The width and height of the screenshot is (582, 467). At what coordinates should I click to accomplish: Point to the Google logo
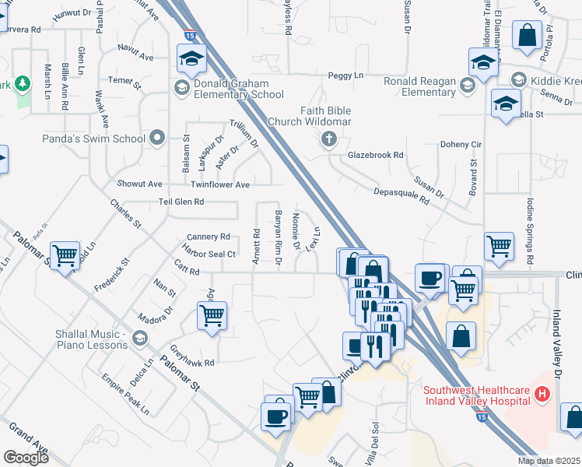[x=26, y=457]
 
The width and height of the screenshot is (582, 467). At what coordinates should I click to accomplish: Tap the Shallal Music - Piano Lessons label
[x=79, y=339]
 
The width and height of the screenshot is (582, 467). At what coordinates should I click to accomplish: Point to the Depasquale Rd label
[x=401, y=195]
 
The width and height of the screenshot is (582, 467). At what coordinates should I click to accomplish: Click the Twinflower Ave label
[x=220, y=184]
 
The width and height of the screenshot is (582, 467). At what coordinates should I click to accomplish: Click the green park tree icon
[x=23, y=83]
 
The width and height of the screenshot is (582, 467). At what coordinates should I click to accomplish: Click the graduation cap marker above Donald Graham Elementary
[x=191, y=58]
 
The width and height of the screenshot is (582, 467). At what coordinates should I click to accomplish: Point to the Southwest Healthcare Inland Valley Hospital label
[x=476, y=395]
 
